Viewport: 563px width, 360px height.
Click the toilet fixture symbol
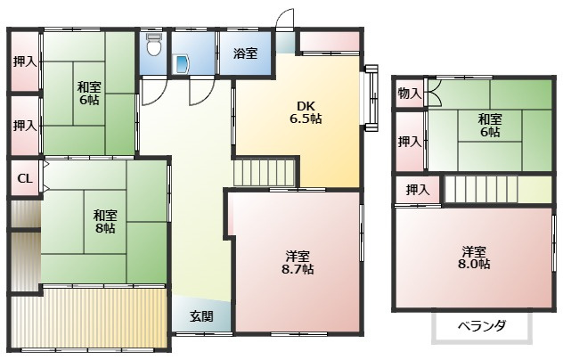pyautogui.click(x=154, y=45)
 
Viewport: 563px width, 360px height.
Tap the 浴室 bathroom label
pyautogui.click(x=245, y=53)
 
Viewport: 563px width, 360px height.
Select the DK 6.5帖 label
pyautogui.click(x=306, y=112)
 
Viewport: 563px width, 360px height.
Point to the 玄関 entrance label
pyautogui.click(x=201, y=316)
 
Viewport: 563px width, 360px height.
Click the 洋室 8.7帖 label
pyautogui.click(x=298, y=263)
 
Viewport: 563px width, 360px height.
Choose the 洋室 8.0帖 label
pyautogui.click(x=474, y=258)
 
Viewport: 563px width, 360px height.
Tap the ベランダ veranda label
pyautogui.click(x=482, y=326)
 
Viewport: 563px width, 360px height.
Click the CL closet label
pyautogui.click(x=25, y=178)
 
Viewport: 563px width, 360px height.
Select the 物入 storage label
pyautogui.click(x=409, y=94)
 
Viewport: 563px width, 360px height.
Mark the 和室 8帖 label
pyautogui.click(x=105, y=222)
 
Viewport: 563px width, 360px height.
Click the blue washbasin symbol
pyautogui.click(x=182, y=65)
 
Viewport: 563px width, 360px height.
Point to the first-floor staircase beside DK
pyautogui.click(x=264, y=173)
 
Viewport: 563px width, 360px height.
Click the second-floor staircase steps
pyautogui.click(x=481, y=189)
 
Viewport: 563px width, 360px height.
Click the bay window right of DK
pyautogui.click(x=371, y=98)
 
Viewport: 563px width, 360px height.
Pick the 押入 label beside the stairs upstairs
pyautogui.click(x=418, y=189)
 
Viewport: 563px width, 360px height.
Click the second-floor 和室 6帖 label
pyautogui.click(x=490, y=126)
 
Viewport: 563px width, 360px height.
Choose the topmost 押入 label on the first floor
pyautogui.click(x=25, y=61)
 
